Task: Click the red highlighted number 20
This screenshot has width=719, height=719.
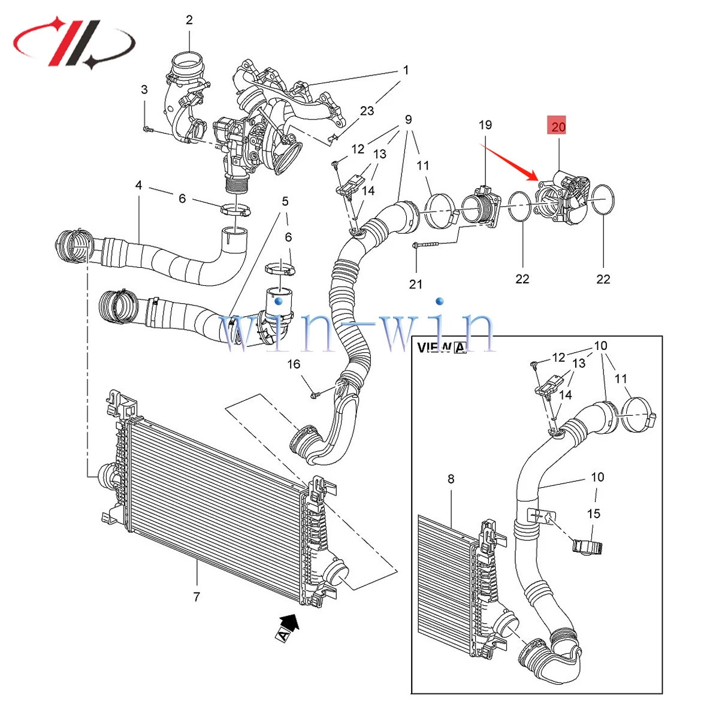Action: (x=558, y=126)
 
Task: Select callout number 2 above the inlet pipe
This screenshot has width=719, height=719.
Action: (x=189, y=20)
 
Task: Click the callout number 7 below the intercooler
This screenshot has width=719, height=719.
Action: (x=197, y=597)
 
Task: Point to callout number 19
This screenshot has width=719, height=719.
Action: (x=485, y=125)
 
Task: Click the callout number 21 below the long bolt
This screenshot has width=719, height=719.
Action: (x=416, y=284)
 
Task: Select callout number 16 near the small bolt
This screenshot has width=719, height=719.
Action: (x=294, y=364)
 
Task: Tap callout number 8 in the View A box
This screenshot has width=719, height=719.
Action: (x=451, y=479)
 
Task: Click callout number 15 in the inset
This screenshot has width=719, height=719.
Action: (x=593, y=513)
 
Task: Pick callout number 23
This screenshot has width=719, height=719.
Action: (x=367, y=110)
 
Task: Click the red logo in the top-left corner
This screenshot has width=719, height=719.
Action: (x=75, y=42)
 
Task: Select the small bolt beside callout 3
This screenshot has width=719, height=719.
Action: (x=147, y=129)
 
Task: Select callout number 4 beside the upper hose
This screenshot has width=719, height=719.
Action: (x=138, y=185)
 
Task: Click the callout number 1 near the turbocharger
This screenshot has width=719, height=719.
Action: (x=406, y=70)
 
